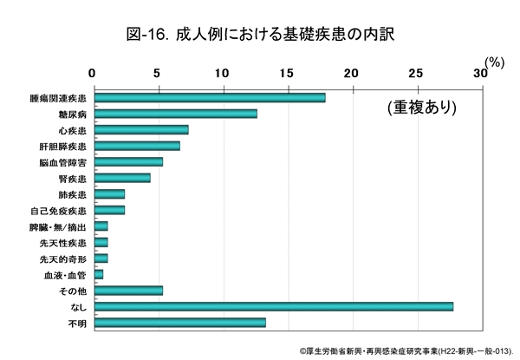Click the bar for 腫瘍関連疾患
pos(209,97)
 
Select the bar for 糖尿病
pos(175,114)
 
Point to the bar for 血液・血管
pos(98,274)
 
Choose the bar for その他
pos(127,291)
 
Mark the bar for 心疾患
pos(140,130)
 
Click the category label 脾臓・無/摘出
pos(58,226)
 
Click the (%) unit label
pos(494,62)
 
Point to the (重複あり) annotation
pos(422,108)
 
